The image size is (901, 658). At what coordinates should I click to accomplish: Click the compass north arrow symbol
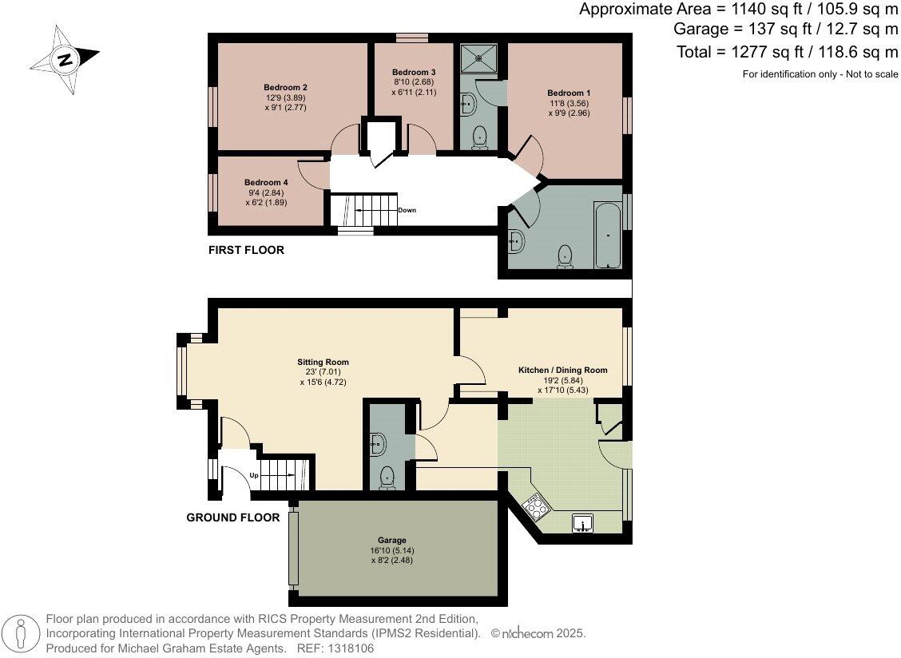[x=63, y=60]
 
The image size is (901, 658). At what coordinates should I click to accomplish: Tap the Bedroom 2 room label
[x=286, y=87]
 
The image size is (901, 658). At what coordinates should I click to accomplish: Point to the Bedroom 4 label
[x=266, y=182]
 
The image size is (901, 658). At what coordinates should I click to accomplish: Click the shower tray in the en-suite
[x=480, y=56]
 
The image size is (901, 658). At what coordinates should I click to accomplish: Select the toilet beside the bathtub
[x=566, y=256]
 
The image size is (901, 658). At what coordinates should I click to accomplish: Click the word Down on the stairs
[x=407, y=211]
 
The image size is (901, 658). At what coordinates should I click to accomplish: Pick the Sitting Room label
[x=323, y=362]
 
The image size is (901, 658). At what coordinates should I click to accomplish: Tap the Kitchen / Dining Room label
[x=562, y=370]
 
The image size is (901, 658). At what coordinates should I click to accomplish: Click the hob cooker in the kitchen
[x=534, y=505]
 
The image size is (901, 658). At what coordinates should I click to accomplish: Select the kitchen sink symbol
[x=583, y=524]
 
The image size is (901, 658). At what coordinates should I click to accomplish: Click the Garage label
[x=391, y=540]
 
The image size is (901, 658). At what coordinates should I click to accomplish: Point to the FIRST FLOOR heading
[x=246, y=251]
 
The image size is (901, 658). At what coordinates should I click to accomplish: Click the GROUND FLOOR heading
[x=232, y=517]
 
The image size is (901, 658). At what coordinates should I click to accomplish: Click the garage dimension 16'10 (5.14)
[x=391, y=550]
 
